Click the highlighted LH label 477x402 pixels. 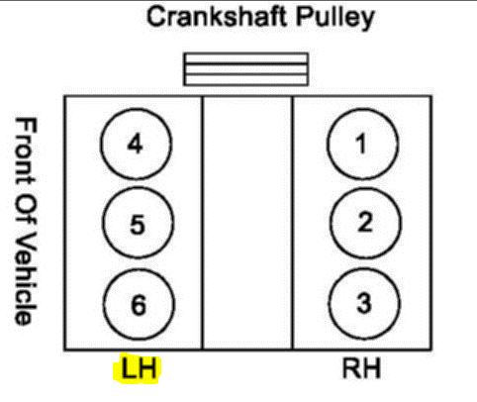(x=138, y=368)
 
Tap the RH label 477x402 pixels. (x=362, y=368)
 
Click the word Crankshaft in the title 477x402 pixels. (x=217, y=17)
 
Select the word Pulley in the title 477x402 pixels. (x=335, y=18)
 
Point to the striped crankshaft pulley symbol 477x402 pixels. (x=246, y=69)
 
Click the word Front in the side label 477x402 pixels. (x=26, y=151)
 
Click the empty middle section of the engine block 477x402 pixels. (x=247, y=223)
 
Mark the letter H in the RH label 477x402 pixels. (x=371, y=368)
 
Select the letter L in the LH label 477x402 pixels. (x=128, y=367)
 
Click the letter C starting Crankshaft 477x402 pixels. (x=155, y=17)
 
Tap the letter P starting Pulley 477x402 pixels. (x=304, y=17)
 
